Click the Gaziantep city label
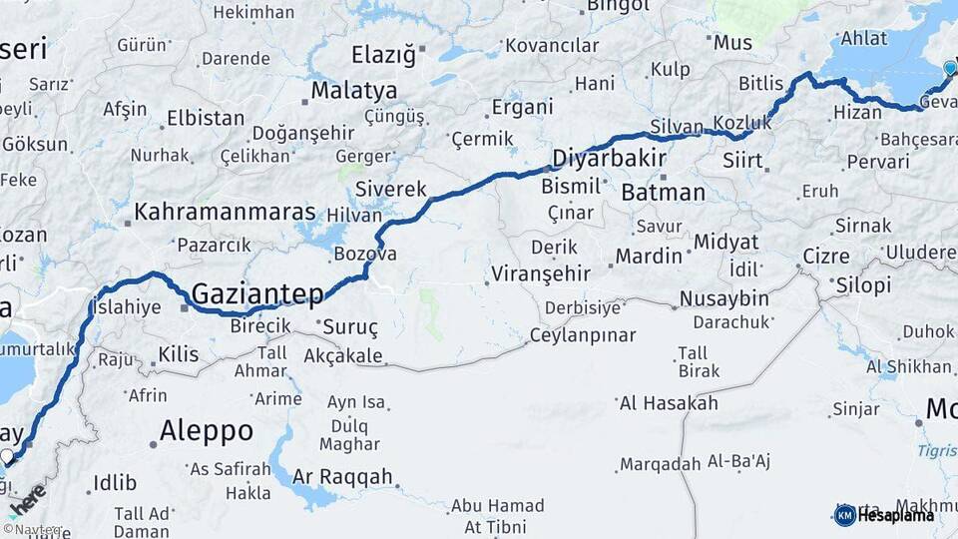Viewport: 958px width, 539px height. (x=257, y=294)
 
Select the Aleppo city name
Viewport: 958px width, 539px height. (x=207, y=431)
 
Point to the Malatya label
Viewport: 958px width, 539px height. (x=353, y=90)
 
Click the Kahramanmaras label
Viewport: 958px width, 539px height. (x=225, y=213)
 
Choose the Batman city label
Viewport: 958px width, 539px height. (x=663, y=193)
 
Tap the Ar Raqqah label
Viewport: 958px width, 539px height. (x=344, y=477)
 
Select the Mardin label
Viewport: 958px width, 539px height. (x=649, y=257)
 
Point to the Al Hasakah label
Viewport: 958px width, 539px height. (x=669, y=403)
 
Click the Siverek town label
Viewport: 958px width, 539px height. (x=391, y=189)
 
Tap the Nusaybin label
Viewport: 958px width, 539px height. (x=723, y=298)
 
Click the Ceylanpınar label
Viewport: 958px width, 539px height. (x=582, y=335)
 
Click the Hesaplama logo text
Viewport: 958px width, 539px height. (x=897, y=515)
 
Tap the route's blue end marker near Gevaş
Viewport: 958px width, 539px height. (x=949, y=68)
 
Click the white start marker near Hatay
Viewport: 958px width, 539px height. (x=8, y=457)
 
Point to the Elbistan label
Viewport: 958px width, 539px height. (x=206, y=118)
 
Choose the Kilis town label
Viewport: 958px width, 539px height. (x=179, y=353)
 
